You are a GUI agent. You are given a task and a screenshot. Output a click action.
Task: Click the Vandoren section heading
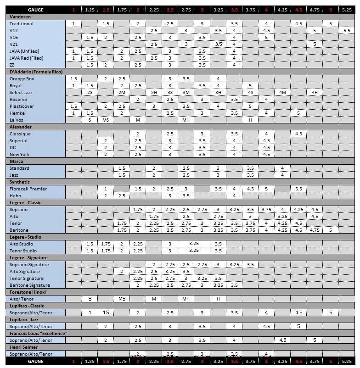[18, 17]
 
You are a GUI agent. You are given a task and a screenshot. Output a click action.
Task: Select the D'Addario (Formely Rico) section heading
[36, 72]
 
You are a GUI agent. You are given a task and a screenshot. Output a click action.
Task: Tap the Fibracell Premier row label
[28, 189]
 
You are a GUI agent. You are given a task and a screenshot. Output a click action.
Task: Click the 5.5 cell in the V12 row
[347, 31]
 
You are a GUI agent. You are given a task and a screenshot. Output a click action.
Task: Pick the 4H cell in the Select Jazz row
[315, 93]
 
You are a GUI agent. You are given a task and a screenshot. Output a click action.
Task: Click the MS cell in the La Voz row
[106, 120]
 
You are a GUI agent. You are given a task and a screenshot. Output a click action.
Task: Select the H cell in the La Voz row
[250, 120]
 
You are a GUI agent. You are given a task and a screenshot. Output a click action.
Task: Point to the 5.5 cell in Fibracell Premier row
[298, 189]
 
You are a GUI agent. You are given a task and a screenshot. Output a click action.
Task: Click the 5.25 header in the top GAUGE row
[347, 10]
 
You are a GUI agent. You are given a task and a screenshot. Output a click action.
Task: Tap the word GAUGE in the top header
[36, 10]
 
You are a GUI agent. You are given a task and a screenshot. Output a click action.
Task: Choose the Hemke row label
[17, 113]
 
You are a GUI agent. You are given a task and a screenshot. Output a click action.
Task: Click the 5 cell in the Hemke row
[298, 113]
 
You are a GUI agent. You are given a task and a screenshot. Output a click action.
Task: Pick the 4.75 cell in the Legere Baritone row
[315, 230]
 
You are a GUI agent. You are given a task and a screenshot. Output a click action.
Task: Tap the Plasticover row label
[21, 106]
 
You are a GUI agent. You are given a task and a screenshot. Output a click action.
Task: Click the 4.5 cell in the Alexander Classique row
[298, 134]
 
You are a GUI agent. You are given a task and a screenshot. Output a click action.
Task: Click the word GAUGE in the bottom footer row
[36, 362]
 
